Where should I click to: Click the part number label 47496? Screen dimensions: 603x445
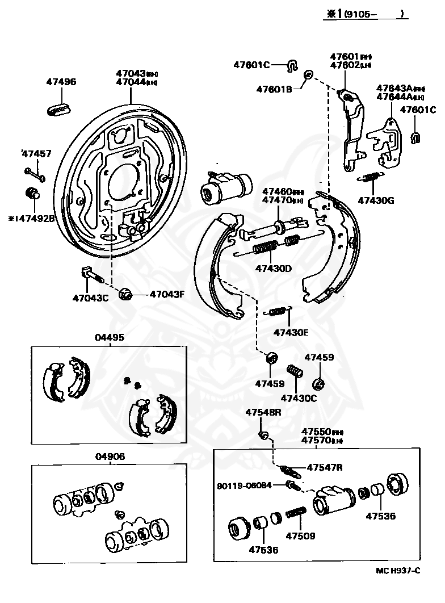point(61,82)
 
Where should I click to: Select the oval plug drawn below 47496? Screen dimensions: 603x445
point(58,108)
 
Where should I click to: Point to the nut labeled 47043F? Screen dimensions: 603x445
point(126,294)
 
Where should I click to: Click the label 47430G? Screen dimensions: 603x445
point(376,200)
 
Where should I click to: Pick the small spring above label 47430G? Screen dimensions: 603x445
point(372,178)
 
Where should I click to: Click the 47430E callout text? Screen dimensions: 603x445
point(291,332)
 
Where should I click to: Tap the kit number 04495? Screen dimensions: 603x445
point(110,337)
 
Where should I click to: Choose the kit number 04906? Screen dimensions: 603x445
point(110,456)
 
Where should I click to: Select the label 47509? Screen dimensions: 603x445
point(300,535)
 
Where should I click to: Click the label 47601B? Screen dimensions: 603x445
point(274,89)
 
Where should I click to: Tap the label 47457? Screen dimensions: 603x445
point(37,154)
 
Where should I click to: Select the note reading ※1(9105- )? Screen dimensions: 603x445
point(366,15)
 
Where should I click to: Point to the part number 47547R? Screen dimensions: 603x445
point(325,467)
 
